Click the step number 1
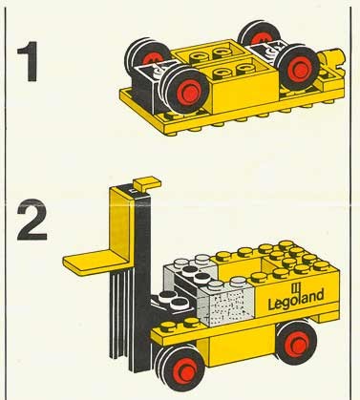[28, 61]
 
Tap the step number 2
[32, 220]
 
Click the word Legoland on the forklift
[296, 300]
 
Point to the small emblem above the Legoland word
[295, 287]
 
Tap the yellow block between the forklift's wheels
[237, 347]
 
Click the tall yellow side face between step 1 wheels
[245, 92]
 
